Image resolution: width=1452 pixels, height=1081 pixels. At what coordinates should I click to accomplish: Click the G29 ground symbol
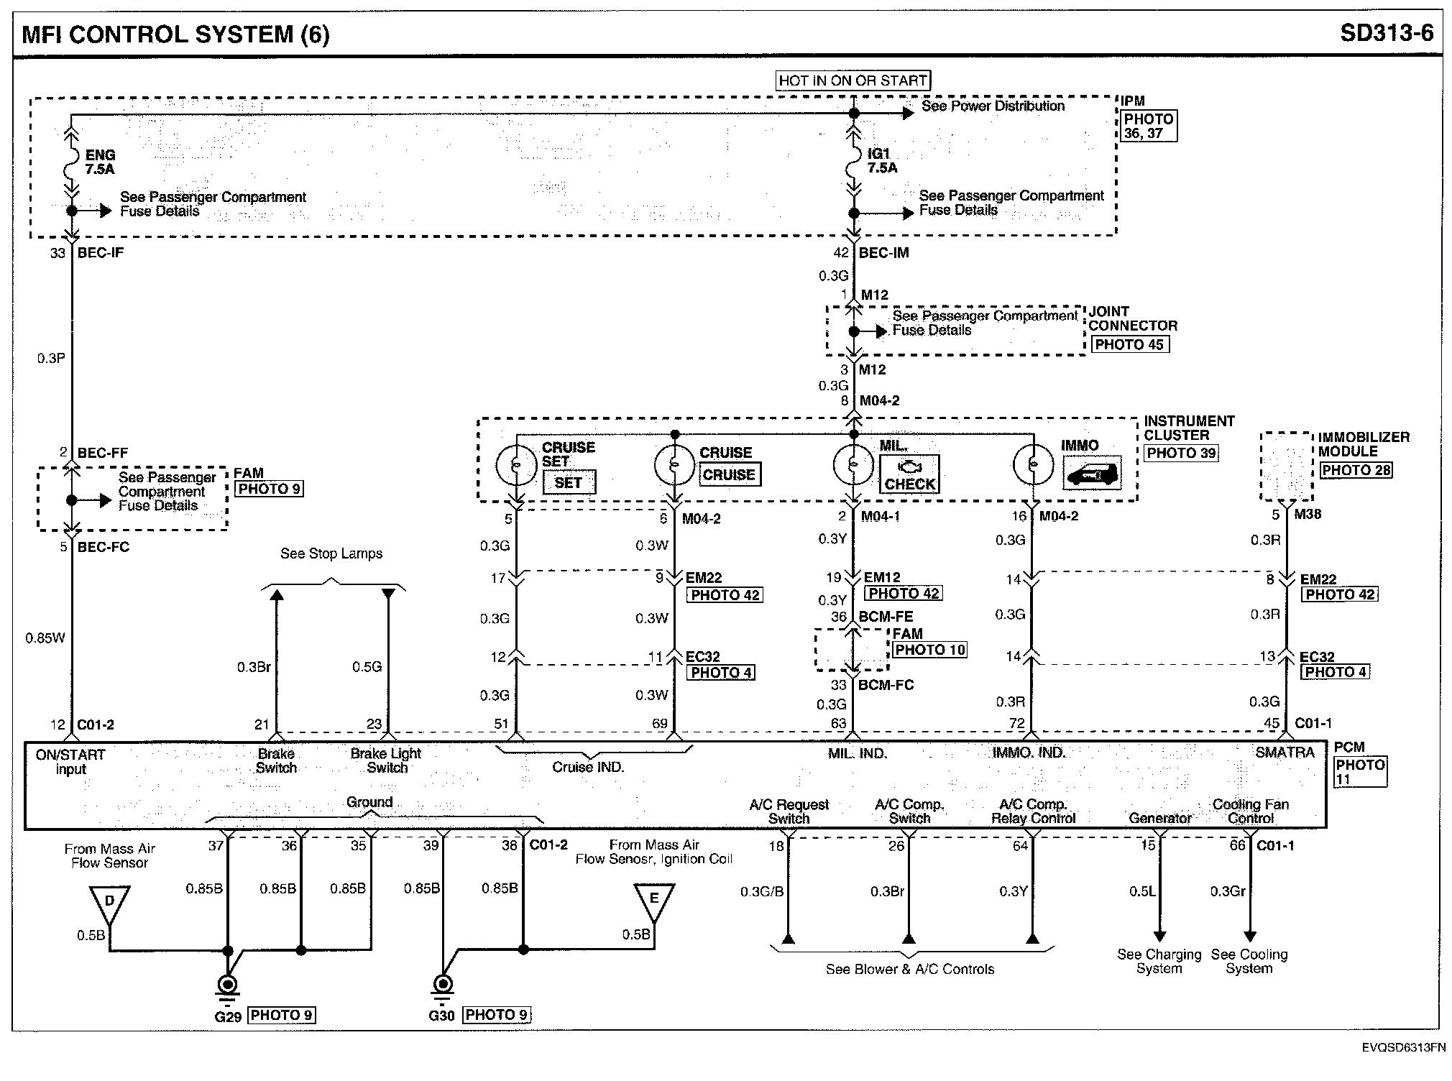coord(228,985)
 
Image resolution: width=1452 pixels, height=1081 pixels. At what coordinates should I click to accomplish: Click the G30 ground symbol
coord(443,985)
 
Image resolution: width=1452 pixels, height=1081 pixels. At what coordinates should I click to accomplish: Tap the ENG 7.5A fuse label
coord(100,162)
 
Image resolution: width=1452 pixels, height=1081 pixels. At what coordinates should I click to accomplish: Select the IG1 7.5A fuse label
coord(882,161)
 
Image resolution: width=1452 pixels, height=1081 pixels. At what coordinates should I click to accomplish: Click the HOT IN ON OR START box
coord(853,80)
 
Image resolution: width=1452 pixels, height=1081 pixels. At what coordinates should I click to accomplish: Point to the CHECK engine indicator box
coord(909,474)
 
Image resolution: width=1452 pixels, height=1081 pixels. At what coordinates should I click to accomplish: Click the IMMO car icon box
coord(1091,474)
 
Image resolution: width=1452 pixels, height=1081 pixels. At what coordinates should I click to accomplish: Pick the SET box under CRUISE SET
coord(568,483)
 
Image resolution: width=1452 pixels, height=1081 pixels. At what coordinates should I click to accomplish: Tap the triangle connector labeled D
coord(109,903)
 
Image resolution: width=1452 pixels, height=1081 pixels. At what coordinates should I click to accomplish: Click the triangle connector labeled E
coord(654,902)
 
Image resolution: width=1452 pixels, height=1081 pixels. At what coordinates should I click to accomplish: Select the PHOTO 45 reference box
coord(1129,344)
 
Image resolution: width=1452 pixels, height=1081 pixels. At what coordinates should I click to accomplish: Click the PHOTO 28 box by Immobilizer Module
coord(1356,470)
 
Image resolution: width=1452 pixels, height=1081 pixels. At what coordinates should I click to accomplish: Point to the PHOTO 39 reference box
coord(1181,453)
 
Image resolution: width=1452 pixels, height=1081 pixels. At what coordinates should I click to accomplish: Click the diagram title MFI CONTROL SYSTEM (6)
coord(176,34)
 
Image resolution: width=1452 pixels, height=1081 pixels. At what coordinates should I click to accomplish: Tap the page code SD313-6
coord(1386,33)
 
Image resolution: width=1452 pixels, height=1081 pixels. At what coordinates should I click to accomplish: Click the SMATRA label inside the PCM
coord(1285,753)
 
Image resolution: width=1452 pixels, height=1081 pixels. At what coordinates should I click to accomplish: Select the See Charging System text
coord(1159,962)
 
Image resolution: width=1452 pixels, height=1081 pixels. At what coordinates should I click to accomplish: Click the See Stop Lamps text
coord(331,553)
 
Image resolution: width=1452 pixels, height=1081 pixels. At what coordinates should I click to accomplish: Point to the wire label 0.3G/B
coord(761,892)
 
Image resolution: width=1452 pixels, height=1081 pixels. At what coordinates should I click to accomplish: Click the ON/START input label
coord(70,762)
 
